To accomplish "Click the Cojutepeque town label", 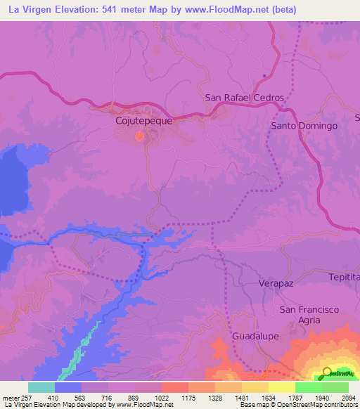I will pos(143,120).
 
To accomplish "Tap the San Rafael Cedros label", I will pos(244,98).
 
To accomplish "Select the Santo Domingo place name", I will pos(304,126).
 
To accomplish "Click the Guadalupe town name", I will pos(256,337).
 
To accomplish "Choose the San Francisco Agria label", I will pos(309,315).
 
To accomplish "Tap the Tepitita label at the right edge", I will pos(344,278).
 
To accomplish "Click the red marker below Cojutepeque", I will pos(139,136).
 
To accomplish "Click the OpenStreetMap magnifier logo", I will pos(328,373).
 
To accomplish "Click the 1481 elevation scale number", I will pos(240,397).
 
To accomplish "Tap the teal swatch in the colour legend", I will pos(41,387).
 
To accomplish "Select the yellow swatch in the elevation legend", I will pos(281,387).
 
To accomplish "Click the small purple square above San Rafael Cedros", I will pos(264,76).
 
